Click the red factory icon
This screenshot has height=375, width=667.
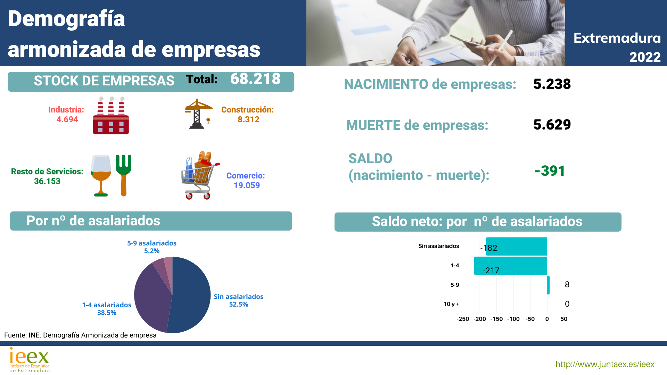111,116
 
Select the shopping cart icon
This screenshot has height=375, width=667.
199,175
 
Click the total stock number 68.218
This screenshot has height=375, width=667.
255,79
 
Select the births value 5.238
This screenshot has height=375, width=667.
552,84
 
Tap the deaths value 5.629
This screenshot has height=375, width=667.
552,125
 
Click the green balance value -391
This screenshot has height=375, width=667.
550,171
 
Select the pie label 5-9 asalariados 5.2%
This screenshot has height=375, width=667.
152,247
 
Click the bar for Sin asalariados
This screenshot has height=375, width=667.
517,247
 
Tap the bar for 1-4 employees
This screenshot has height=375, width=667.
511,266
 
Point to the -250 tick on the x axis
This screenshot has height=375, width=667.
463,319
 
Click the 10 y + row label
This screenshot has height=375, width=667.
451,304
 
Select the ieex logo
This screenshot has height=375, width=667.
30,360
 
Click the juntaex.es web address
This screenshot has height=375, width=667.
605,364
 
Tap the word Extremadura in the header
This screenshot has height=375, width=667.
617,38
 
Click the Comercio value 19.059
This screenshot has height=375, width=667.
247,185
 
